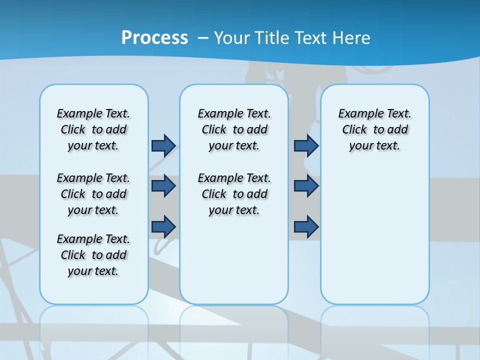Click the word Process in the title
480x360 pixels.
pyautogui.click(x=154, y=37)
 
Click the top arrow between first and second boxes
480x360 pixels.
pyautogui.click(x=163, y=145)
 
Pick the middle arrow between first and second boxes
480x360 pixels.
pyautogui.click(x=163, y=186)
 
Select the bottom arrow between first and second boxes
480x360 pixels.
pyautogui.click(x=163, y=226)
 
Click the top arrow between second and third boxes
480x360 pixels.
pyautogui.click(x=306, y=145)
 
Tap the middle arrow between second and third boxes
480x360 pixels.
pyautogui.click(x=306, y=186)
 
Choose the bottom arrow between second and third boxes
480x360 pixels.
pyautogui.click(x=306, y=226)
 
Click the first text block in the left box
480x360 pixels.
pyautogui.click(x=93, y=129)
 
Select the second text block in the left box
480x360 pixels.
pyautogui.click(x=93, y=194)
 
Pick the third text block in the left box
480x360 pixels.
pyautogui.click(x=93, y=255)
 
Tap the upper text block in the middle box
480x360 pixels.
pyautogui.click(x=234, y=129)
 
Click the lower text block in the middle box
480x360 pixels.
pyautogui.click(x=234, y=194)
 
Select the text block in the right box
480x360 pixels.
pyautogui.click(x=375, y=129)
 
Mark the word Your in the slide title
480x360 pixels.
pyautogui.click(x=232, y=37)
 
